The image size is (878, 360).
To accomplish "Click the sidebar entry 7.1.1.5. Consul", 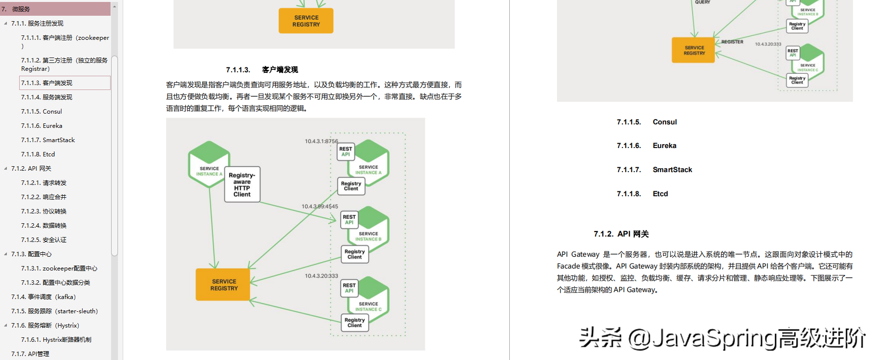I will coord(41,112).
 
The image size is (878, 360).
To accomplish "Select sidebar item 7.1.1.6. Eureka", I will coord(41,126).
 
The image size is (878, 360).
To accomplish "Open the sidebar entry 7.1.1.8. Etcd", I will coord(38,154).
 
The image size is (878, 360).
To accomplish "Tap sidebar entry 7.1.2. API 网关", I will coord(31,169).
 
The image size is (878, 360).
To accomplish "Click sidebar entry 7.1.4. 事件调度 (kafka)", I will coord(43,297).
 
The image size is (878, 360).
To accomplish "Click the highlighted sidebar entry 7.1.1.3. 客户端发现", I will coord(47,83).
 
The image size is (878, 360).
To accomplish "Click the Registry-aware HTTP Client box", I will coord(242,184).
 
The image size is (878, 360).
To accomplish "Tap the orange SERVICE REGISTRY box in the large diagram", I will coord(223,285).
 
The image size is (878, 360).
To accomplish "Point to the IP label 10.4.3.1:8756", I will coord(321,141).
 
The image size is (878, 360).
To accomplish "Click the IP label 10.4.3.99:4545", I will coord(320,207).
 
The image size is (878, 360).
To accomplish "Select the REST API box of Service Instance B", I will coord(349,219).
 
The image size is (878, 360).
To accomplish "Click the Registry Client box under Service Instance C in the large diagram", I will coord(354,323).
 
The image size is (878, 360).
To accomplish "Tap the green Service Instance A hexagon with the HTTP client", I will coord(209,165).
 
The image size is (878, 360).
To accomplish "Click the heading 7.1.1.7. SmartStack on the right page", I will coord(654,170).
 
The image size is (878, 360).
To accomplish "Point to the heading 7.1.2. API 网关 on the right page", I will coord(621,234).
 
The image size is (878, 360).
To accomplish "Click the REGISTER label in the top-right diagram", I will coord(732,42).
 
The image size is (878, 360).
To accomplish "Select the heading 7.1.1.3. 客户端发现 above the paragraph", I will coord(262,70).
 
